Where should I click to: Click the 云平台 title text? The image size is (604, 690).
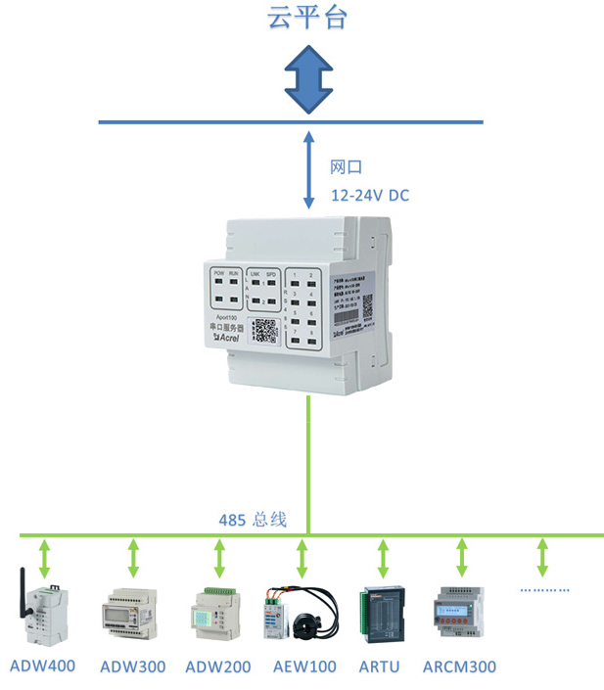(x=307, y=18)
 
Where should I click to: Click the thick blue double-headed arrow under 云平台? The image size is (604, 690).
(x=307, y=78)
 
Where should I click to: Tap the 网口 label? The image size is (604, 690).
(x=347, y=168)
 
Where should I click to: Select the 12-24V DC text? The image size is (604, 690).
(x=370, y=196)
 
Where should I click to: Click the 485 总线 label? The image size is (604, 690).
(x=253, y=520)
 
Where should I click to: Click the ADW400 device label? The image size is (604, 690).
(x=42, y=667)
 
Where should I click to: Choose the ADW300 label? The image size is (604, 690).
(x=133, y=667)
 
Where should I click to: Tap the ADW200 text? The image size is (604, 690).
(x=218, y=667)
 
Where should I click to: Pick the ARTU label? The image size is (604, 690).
(x=380, y=667)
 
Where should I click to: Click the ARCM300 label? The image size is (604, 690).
(x=459, y=667)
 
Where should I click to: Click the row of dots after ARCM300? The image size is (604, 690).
(x=543, y=590)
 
